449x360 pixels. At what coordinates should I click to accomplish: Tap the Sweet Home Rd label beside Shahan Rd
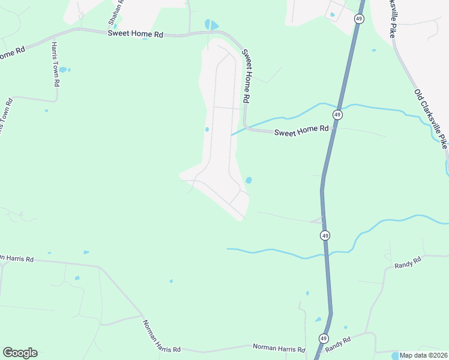point(136,34)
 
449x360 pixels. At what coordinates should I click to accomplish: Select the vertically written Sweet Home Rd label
point(246,76)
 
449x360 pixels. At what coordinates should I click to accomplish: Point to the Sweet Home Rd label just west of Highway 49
point(301,130)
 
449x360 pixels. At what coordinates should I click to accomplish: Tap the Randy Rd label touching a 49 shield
point(338,343)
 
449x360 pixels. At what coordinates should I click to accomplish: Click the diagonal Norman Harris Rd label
point(161,336)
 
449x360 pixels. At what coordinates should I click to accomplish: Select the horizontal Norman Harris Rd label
point(279,347)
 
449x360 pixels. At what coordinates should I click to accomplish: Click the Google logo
point(20,353)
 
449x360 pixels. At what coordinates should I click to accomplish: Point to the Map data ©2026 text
point(423,355)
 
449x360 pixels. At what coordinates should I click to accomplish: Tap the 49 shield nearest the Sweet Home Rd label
point(337,115)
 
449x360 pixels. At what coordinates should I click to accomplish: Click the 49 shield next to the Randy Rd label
point(324,338)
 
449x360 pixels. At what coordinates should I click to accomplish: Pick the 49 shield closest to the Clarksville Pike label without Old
point(358,19)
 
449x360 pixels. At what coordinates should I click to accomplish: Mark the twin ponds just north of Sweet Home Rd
point(211,25)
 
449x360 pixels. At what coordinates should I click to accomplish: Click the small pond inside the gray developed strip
point(207,129)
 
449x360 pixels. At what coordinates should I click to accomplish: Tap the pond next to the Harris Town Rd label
point(63,70)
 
